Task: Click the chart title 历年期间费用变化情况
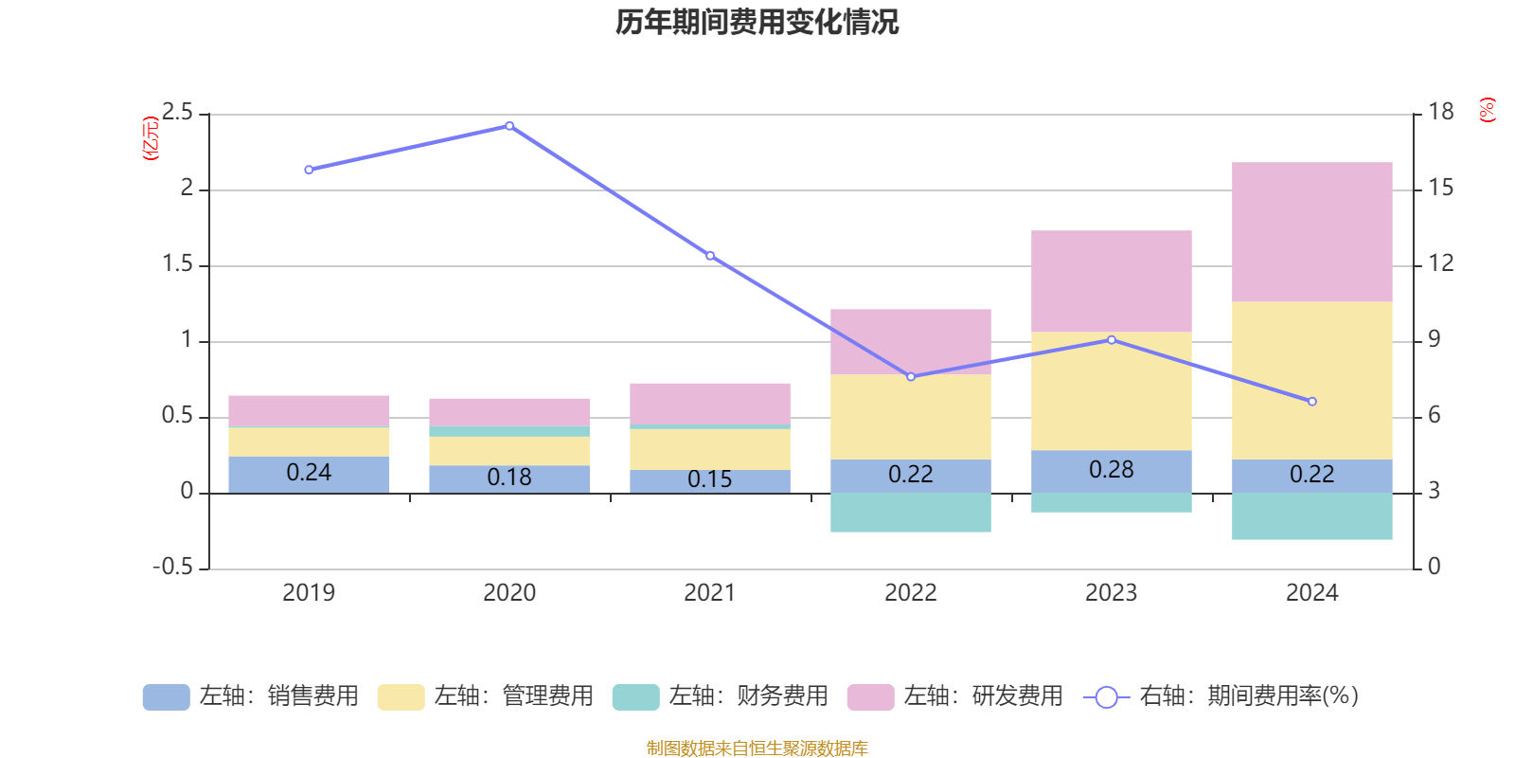tap(757, 22)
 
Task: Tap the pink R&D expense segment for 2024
tap(1311, 232)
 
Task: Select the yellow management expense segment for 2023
tap(1111, 390)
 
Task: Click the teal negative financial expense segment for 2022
tap(910, 513)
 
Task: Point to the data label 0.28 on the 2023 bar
tap(1111, 470)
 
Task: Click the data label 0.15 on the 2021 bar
tap(709, 479)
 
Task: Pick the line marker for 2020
tap(509, 126)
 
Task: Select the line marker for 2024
tap(1311, 402)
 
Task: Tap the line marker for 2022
tap(911, 377)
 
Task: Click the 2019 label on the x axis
tap(309, 593)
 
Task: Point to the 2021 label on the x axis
tap(709, 593)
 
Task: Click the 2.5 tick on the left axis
tap(177, 113)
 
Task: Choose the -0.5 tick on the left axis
tap(172, 567)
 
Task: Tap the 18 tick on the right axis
tap(1440, 112)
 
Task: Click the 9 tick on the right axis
tap(1434, 339)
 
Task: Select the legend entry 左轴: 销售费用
tap(252, 696)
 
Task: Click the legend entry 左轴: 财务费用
tap(721, 696)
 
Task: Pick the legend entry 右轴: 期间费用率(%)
tap(1221, 696)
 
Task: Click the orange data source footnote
tap(757, 749)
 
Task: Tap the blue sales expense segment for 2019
tap(309, 474)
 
